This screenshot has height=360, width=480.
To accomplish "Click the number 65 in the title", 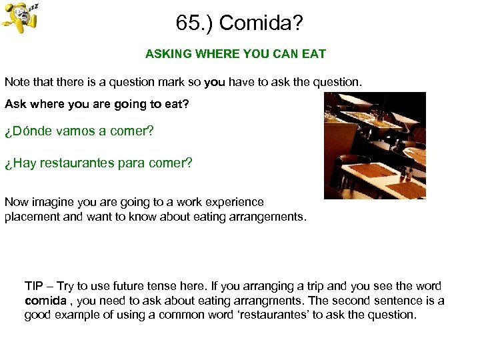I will click(188, 23).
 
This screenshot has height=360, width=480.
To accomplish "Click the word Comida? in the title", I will click(261, 23).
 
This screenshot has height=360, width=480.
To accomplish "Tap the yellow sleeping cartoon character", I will click(19, 19).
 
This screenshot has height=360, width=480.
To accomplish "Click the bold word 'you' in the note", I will click(215, 83).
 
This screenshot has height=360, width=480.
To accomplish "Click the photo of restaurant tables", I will click(375, 145).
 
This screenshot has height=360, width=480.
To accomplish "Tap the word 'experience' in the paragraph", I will click(229, 201).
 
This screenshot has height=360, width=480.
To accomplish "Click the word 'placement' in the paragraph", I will click(32, 216).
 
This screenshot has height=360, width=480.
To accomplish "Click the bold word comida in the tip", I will click(44, 301).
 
